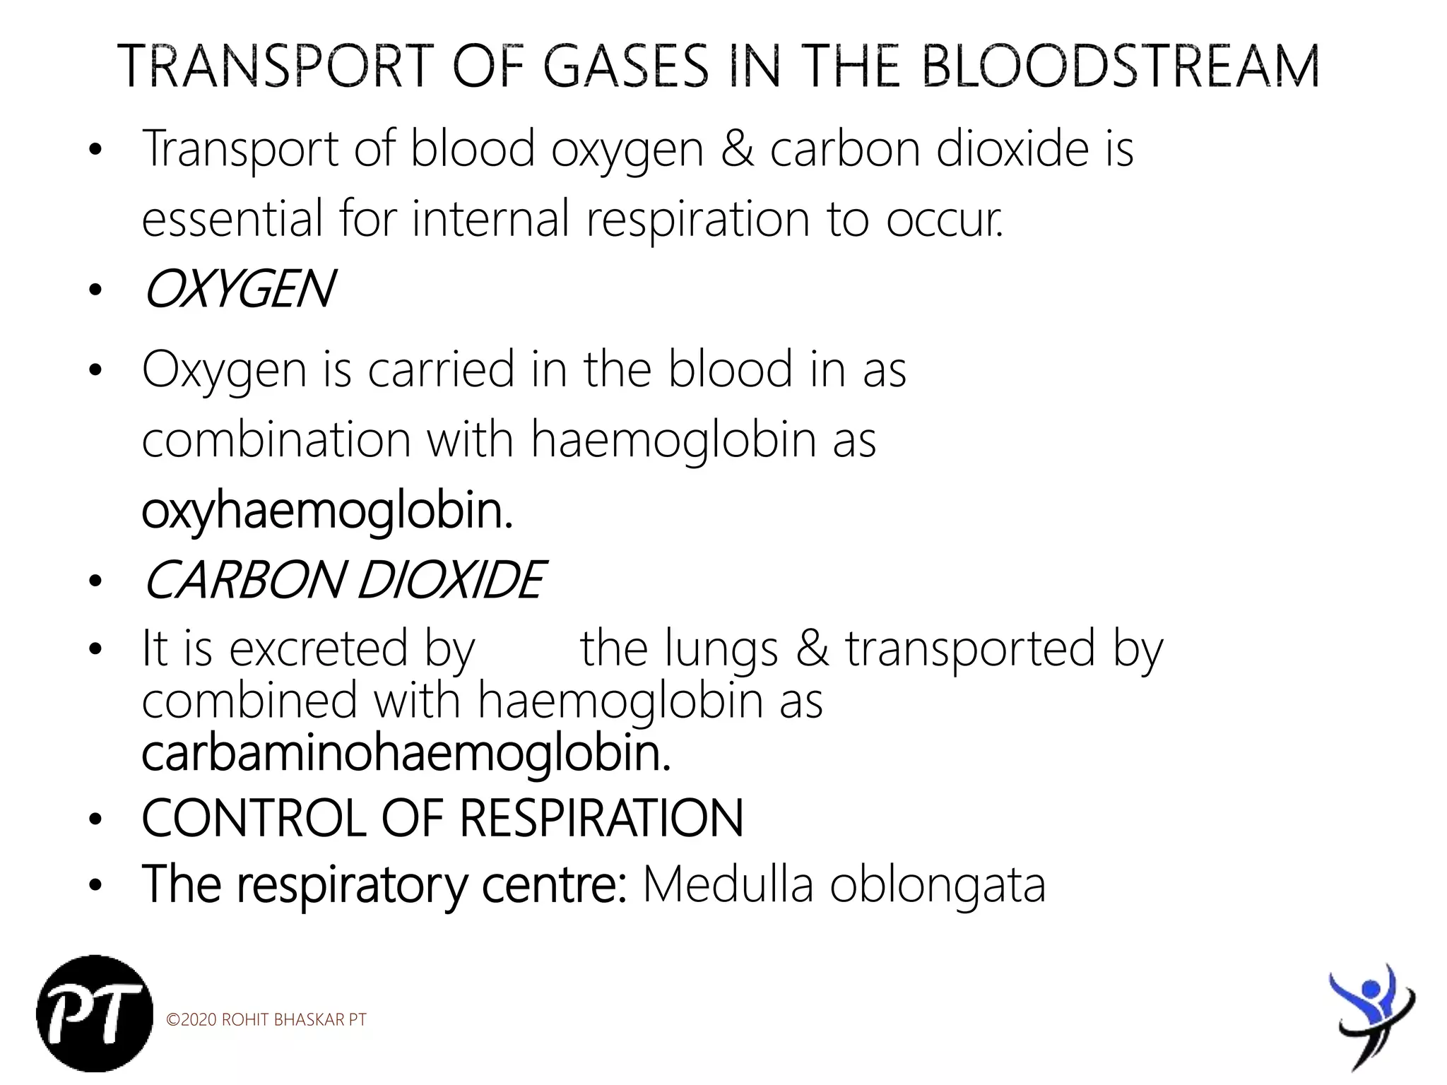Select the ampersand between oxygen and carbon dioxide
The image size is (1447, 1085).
737,149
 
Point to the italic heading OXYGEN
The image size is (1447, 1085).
239,290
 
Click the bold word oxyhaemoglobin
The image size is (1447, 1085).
326,511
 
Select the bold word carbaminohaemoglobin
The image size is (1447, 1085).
406,754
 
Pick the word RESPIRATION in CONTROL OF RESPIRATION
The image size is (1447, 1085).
601,819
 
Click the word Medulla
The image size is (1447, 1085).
728,884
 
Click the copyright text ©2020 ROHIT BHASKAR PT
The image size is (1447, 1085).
266,1020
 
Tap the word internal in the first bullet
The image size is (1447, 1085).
491,219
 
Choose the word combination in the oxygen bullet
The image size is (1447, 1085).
276,440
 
